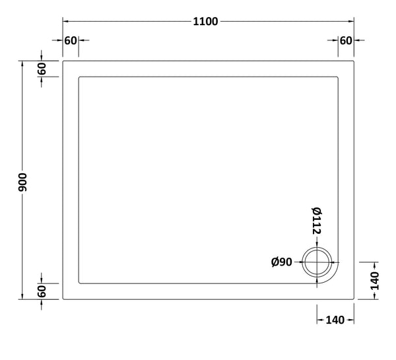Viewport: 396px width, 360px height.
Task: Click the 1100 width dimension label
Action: coord(205,21)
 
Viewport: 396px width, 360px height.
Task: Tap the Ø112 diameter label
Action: coord(316,221)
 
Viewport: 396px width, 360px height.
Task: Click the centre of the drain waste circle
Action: coord(317,263)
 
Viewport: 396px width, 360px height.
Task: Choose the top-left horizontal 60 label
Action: coord(71,41)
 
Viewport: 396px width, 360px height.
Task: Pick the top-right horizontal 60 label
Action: coord(345,41)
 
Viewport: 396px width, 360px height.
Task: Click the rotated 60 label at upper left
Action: coord(42,69)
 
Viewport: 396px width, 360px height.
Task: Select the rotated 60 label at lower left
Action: coord(42,291)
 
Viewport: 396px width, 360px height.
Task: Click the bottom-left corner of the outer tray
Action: coord(63,299)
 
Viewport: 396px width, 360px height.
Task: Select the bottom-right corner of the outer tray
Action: coord(355,299)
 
